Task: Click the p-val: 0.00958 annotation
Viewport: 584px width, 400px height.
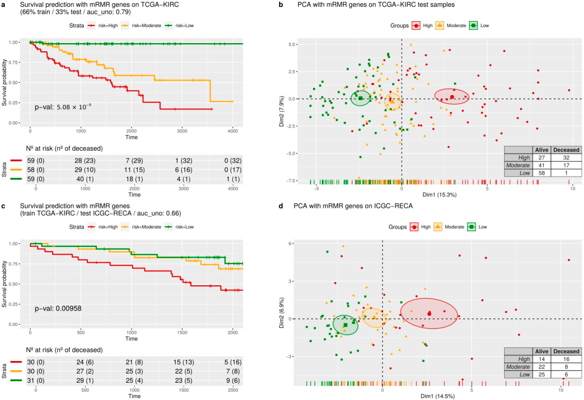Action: [58, 308]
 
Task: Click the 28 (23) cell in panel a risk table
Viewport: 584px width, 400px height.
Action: [85, 161]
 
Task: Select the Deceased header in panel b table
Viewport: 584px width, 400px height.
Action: [566, 150]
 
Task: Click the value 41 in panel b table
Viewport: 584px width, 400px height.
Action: [542, 165]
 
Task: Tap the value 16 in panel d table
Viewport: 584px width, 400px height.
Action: [566, 359]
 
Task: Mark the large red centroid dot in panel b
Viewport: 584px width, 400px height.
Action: [452, 97]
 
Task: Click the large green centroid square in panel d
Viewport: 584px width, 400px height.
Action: [345, 325]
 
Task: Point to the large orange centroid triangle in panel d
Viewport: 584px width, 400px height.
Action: [374, 317]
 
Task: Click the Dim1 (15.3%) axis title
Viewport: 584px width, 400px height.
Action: [439, 195]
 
